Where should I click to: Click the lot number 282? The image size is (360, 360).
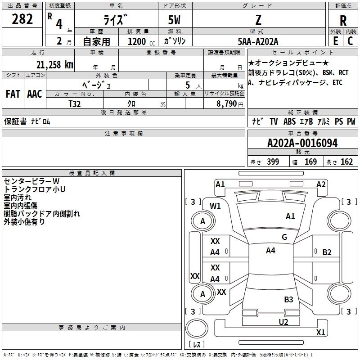[x=23, y=19]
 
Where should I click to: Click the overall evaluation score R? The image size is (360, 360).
[x=343, y=21]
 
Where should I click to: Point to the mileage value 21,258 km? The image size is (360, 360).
[x=54, y=64]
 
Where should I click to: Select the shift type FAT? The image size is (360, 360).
[x=13, y=94]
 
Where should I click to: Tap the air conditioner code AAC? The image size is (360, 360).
[x=34, y=94]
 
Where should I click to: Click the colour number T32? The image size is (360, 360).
[x=75, y=103]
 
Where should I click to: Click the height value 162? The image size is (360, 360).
[x=346, y=162]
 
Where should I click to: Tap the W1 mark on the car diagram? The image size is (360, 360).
[x=216, y=206]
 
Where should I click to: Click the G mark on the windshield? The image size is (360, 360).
[x=284, y=237]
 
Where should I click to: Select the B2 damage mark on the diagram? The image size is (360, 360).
[x=327, y=252]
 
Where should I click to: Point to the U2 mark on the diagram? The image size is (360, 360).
[x=283, y=322]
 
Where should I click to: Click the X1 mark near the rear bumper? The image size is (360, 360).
[x=320, y=333]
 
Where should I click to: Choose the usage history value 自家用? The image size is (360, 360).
[x=96, y=41]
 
